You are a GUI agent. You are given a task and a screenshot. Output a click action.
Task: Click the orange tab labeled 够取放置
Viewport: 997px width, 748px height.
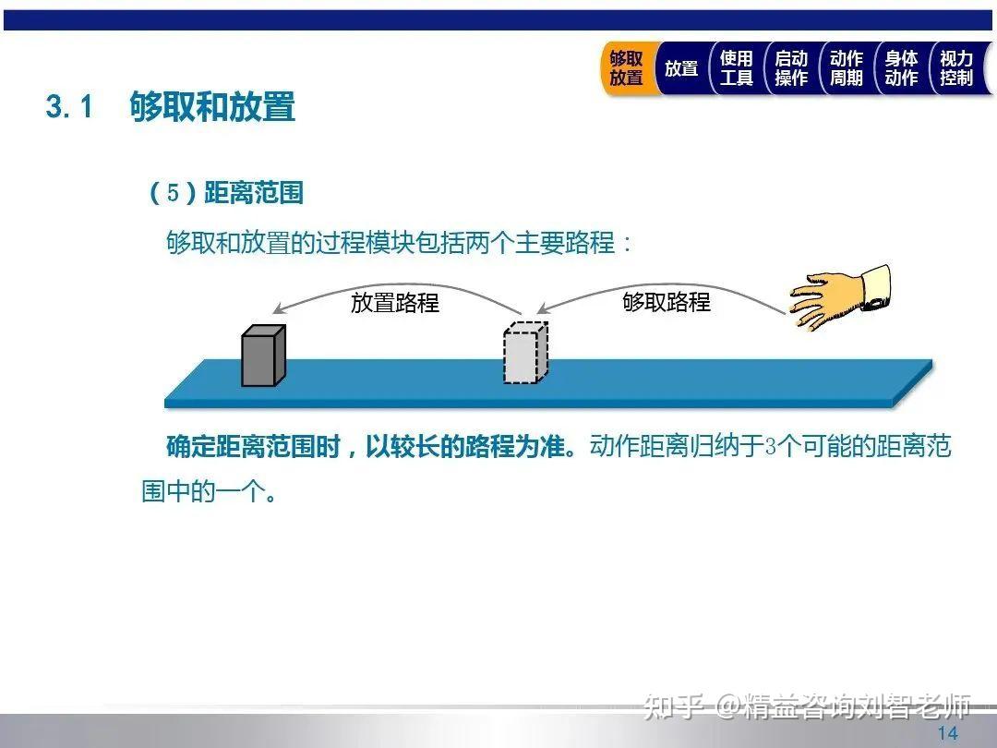[626, 68]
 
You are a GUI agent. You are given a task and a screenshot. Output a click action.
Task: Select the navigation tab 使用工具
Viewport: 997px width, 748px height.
[736, 68]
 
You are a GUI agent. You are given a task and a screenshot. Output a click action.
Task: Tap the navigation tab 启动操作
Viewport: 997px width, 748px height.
[791, 68]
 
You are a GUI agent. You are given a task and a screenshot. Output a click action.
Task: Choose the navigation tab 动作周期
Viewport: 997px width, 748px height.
[846, 68]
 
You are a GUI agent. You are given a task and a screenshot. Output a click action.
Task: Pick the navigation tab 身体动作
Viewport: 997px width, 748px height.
[901, 68]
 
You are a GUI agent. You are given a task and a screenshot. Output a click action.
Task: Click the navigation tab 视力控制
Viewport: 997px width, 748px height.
[956, 68]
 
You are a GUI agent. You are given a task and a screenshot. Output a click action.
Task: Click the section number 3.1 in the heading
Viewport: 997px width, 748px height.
[70, 108]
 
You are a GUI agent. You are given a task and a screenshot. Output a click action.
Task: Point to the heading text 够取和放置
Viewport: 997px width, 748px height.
[212, 107]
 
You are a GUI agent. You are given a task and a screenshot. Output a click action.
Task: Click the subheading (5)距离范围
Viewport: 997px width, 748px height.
[226, 193]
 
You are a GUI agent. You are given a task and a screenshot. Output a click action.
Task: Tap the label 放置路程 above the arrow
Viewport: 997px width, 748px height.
[394, 302]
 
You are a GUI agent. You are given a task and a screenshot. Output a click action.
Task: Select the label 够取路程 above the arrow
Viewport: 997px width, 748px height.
[667, 301]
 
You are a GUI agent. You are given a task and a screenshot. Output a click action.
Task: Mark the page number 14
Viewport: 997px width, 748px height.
[947, 733]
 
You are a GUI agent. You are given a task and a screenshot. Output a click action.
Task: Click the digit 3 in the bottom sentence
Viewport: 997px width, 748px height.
[772, 448]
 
